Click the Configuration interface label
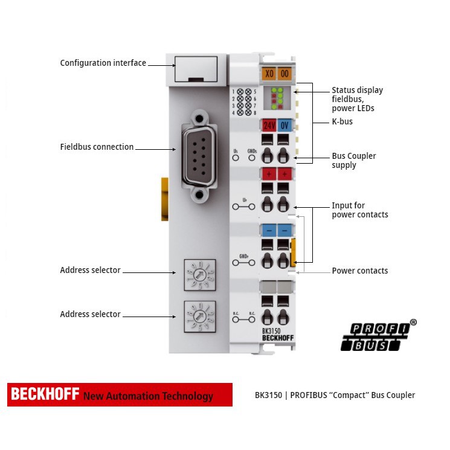coord(103,63)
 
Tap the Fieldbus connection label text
coord(97,147)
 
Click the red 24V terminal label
coord(269,126)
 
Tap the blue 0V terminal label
coord(285,126)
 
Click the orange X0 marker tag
coord(269,74)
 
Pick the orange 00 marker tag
coord(284,74)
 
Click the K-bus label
coord(342,121)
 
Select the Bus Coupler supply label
coord(353,160)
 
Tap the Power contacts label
coord(359,271)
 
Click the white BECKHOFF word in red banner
coord(45,394)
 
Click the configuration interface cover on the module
coord(195,69)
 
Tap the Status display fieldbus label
coord(357,99)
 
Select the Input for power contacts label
coord(359,210)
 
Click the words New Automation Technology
coord(148,396)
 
